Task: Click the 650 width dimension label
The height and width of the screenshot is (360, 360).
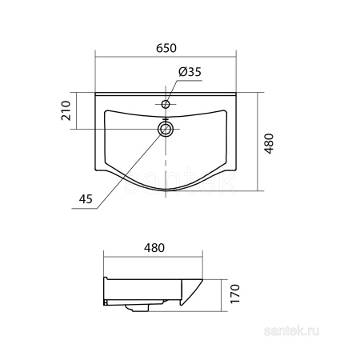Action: pos(166,48)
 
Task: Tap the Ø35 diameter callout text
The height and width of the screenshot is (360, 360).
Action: pos(190,72)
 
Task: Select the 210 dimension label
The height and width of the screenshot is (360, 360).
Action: pos(66,110)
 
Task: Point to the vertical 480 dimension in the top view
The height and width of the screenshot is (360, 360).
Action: pos(270,143)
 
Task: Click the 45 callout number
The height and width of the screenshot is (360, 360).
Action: pos(86,199)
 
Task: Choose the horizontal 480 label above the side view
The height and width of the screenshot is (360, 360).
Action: pos(154,248)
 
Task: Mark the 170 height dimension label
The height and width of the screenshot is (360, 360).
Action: pos(235,294)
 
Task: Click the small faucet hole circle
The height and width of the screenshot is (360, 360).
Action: pos(166,104)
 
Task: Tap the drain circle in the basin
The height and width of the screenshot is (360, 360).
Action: pos(166,129)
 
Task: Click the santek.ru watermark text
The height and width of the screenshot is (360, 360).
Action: pos(291,331)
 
